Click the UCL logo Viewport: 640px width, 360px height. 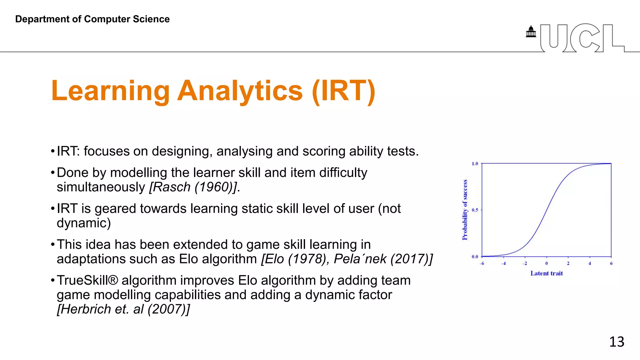tap(582, 38)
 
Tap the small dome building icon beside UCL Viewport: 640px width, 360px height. tap(531, 32)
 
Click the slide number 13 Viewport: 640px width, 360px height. tap(616, 342)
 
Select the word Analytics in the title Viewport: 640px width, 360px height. tap(240, 91)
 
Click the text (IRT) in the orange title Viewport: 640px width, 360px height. tap(343, 91)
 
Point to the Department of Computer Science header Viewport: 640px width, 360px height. tap(92, 19)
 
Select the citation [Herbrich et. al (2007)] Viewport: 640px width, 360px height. tap(123, 309)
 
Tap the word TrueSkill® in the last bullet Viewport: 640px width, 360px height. tap(87, 280)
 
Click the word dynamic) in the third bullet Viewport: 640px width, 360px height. tap(83, 223)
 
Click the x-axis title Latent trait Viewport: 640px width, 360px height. tap(546, 273)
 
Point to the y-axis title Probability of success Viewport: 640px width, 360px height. tap(465, 210)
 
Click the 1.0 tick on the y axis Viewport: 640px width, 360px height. tap(475, 164)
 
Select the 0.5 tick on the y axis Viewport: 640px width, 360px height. tap(475, 210)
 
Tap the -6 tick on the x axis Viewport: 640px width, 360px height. tap(482, 263)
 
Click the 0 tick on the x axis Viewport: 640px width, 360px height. tap(547, 263)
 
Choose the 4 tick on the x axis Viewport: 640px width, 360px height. tap(590, 263)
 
